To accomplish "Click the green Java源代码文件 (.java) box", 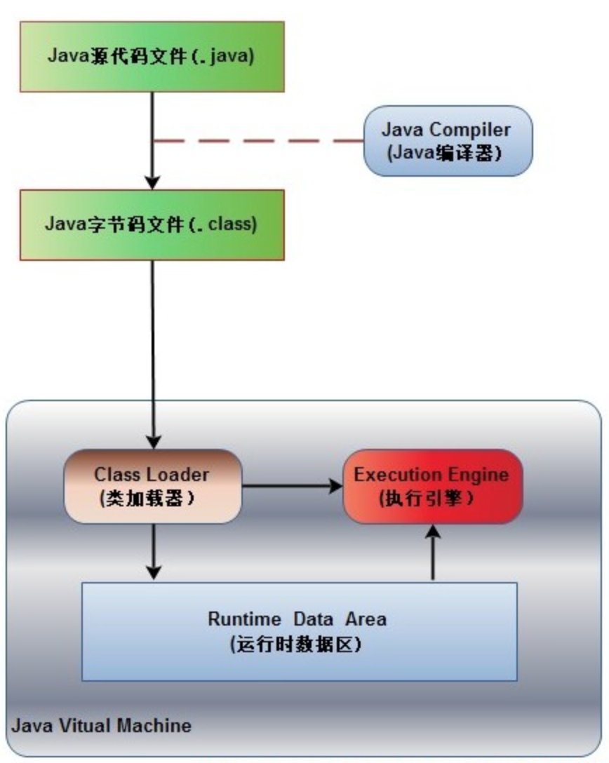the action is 152,56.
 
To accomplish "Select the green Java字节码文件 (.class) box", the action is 152,225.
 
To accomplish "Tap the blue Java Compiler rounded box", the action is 448,141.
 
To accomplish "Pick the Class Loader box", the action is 153,486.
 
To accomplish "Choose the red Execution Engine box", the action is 433,486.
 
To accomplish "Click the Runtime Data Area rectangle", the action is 300,631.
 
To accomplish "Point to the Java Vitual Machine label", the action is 101,726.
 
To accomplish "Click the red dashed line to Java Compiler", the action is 258,141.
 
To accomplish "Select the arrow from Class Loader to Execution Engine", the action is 293,485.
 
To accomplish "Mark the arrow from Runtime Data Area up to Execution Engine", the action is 433,553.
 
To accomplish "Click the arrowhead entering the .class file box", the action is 152,182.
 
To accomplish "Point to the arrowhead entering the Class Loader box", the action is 154,442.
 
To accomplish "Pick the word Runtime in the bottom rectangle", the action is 244,619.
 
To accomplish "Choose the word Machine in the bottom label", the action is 154,726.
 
